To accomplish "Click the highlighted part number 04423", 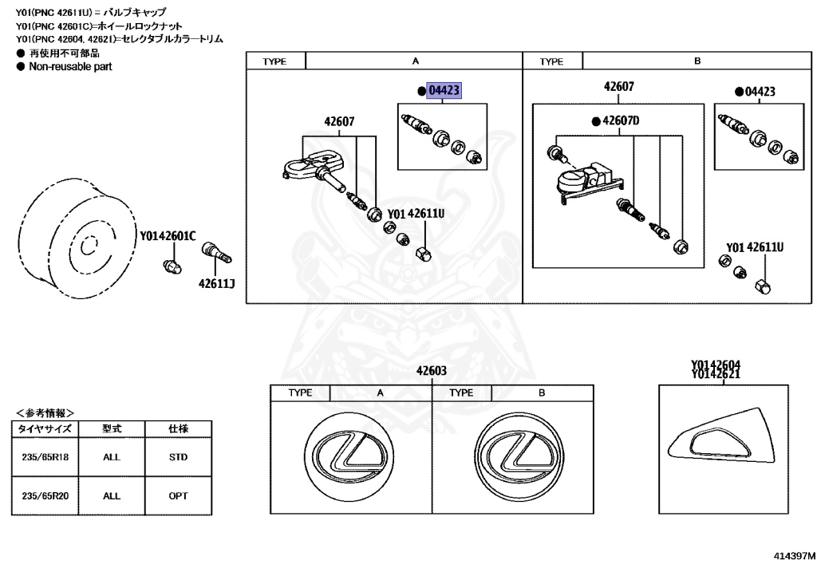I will coord(444,91).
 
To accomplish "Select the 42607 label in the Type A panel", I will coord(339,122).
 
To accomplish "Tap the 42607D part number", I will coord(621,120).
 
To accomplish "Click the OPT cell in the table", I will coord(178,495).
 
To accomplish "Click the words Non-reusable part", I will coord(70,67).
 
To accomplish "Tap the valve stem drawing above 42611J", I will coord(215,254).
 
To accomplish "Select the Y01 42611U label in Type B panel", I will coord(754,247).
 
